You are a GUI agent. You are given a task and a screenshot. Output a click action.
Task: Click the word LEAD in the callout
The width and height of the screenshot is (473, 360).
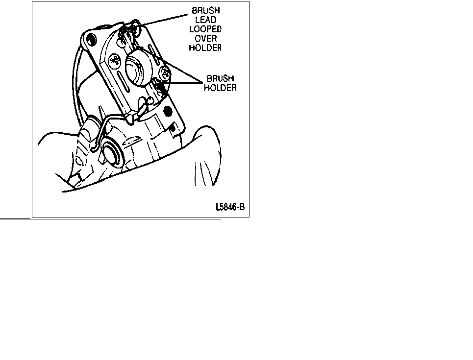tap(205, 20)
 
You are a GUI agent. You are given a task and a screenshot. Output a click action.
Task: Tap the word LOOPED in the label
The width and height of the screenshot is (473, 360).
tap(205, 29)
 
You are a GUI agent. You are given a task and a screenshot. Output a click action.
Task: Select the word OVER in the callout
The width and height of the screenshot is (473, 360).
tap(205, 39)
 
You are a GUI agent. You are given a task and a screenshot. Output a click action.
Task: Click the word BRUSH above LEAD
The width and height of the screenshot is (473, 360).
tap(206, 11)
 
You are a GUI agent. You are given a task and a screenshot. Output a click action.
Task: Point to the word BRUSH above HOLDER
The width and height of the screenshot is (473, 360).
tap(220, 79)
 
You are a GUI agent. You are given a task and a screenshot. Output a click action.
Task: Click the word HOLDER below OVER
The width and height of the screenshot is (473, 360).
tap(205, 48)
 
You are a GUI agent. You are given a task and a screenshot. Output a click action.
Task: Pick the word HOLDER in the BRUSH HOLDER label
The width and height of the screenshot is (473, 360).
tap(220, 88)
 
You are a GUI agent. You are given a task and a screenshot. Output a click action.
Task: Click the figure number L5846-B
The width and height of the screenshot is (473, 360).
tap(230, 207)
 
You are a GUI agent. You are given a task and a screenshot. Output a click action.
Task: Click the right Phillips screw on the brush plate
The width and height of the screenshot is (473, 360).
tap(165, 72)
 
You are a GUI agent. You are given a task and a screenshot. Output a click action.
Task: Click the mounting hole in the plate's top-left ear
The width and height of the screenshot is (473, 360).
tap(91, 39)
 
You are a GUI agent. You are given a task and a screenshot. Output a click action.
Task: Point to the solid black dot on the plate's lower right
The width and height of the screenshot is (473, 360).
tap(168, 112)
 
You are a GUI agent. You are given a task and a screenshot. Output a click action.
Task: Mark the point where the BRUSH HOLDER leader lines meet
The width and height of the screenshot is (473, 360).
tap(202, 82)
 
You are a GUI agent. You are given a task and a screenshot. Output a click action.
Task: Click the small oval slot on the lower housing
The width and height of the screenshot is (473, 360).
tap(132, 141)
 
